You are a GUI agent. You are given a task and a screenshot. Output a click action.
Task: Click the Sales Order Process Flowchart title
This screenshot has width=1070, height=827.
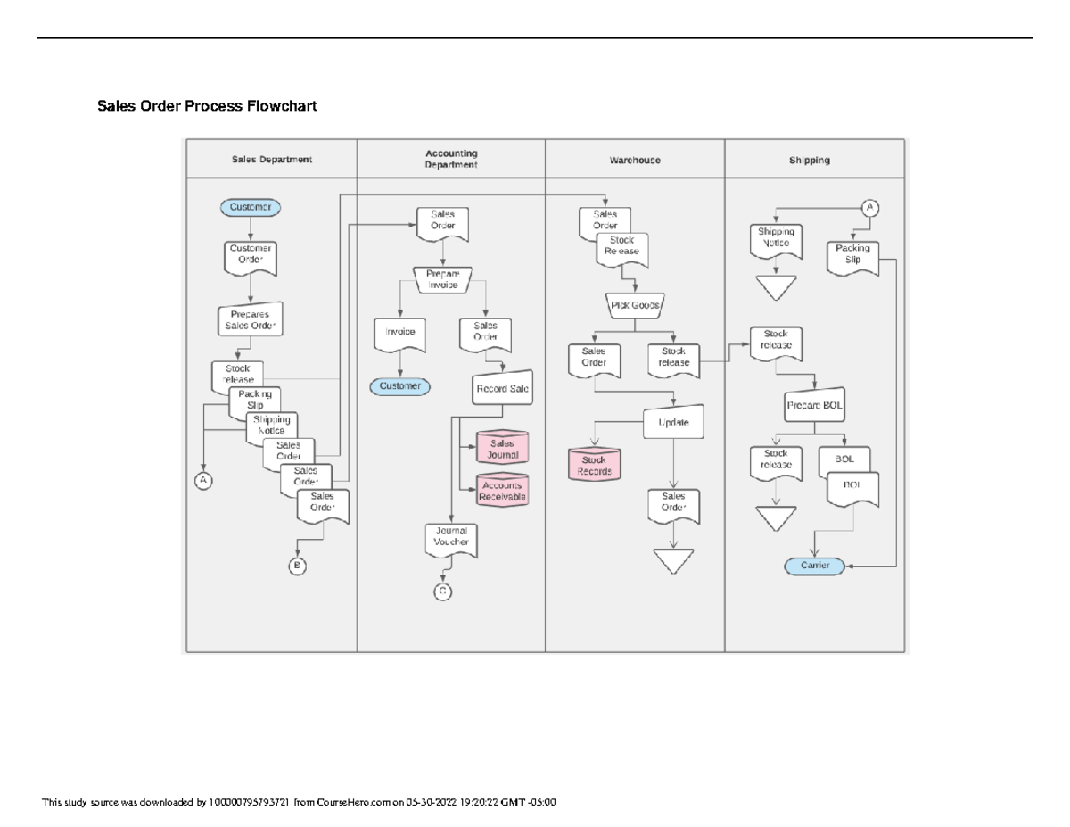(x=207, y=107)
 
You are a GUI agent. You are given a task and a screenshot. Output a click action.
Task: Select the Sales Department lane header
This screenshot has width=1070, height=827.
(x=272, y=160)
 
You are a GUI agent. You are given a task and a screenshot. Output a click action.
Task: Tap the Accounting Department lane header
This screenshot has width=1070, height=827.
(x=451, y=159)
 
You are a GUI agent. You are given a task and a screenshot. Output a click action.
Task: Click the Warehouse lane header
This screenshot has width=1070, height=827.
(x=635, y=161)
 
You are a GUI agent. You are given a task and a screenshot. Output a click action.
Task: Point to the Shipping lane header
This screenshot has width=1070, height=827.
(x=809, y=161)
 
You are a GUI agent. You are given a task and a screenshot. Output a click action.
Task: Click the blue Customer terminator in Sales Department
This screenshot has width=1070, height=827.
(x=251, y=207)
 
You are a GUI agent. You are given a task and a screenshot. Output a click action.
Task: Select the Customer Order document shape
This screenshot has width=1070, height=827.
(x=251, y=257)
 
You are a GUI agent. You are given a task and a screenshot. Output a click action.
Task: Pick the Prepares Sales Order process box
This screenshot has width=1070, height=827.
(x=251, y=320)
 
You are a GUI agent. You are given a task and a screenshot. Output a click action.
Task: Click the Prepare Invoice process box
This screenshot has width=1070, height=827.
(x=442, y=279)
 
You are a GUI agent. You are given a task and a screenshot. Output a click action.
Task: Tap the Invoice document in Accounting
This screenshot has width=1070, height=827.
(x=399, y=334)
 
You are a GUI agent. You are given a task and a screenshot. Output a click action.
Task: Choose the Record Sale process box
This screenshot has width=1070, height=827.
(x=502, y=389)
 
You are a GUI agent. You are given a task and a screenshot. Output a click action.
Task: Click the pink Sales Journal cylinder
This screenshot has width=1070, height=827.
(x=502, y=449)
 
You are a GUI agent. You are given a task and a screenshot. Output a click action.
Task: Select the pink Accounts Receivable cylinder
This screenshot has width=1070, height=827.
(x=502, y=492)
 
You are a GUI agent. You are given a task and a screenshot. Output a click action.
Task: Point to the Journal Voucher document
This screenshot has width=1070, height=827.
(x=451, y=538)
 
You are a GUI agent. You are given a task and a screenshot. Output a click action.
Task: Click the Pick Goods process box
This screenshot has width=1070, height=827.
(x=635, y=305)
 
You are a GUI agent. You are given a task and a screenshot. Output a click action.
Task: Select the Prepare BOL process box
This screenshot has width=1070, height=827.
(x=815, y=405)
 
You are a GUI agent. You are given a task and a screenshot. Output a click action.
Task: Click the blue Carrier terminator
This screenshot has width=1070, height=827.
(x=815, y=566)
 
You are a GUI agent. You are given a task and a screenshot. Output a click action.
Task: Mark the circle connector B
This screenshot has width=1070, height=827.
(x=298, y=566)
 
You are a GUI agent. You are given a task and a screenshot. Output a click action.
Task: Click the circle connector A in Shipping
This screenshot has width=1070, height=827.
(x=869, y=208)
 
